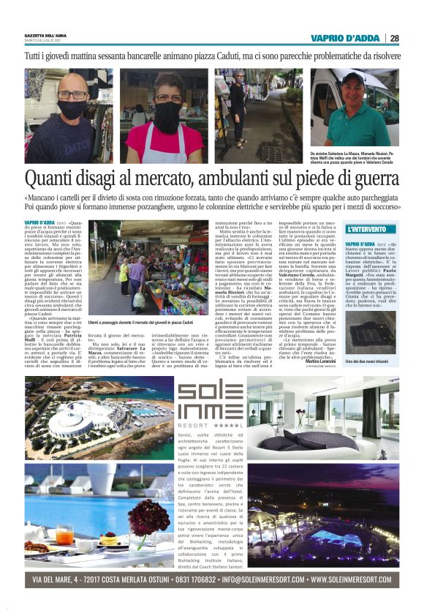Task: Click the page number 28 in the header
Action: [394, 38]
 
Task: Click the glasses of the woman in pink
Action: [167, 98]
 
